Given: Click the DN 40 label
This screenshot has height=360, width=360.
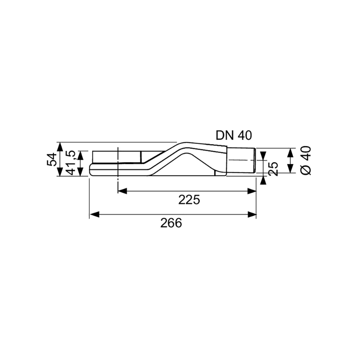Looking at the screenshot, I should coord(234,135).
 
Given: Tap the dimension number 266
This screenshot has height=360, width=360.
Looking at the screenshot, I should coord(171,223).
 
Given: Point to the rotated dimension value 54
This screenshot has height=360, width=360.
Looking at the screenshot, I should coord(51,159).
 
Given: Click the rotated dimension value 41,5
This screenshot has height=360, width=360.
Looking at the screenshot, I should coord(71,163).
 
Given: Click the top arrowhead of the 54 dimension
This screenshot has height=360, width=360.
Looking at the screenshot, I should coord(60,146).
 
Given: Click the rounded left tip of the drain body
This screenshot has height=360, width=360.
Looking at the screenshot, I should coord(91,170).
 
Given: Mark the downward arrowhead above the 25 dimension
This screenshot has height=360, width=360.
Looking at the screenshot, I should coord(264,156).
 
